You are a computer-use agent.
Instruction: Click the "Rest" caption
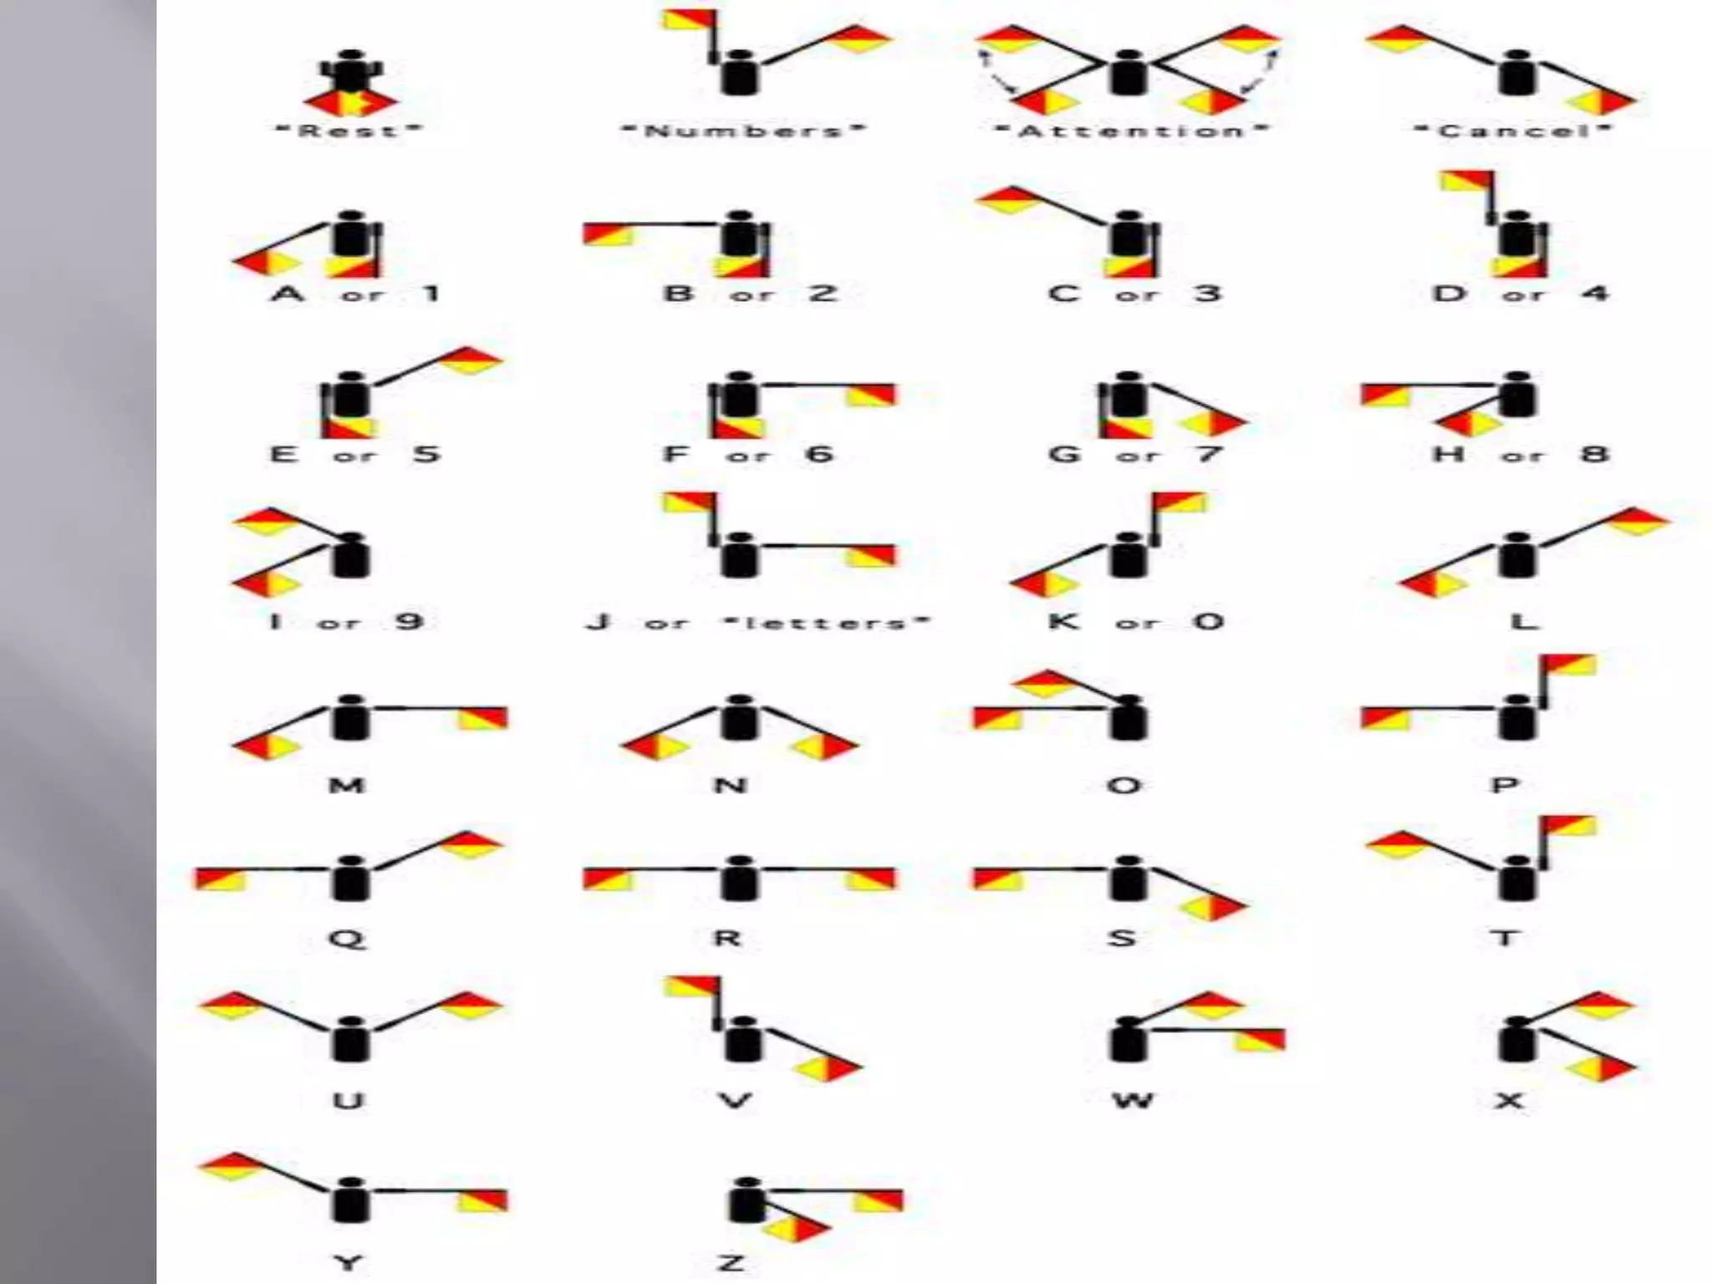point(350,130)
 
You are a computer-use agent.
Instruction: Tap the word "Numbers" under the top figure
point(744,131)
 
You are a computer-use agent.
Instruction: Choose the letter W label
point(1133,1100)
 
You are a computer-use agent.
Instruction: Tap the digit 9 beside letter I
point(409,621)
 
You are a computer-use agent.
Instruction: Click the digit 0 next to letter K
point(1208,621)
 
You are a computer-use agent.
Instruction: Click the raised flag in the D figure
point(1466,182)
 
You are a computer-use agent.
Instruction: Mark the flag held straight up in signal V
point(690,987)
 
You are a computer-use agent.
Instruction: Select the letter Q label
point(348,939)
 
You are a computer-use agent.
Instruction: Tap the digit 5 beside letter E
point(426,454)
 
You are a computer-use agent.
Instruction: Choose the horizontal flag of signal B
point(608,235)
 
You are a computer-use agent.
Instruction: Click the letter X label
point(1509,1100)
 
